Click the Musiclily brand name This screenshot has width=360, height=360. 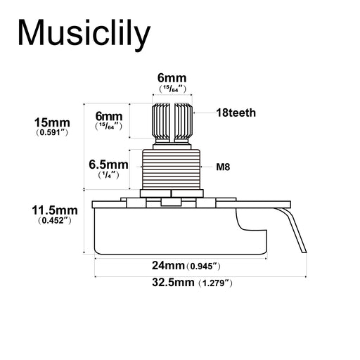pyautogui.click(x=84, y=33)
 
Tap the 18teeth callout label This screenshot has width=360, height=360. pyautogui.click(x=236, y=112)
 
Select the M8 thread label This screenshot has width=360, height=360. pyautogui.click(x=223, y=167)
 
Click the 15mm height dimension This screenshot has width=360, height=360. pyautogui.click(x=52, y=122)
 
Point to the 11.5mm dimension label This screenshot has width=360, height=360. pyautogui.click(x=55, y=210)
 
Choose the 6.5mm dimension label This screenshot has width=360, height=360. pyautogui.click(x=108, y=165)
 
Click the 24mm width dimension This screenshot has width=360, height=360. pyautogui.click(x=168, y=266)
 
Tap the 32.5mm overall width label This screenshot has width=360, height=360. pyautogui.click(x=173, y=283)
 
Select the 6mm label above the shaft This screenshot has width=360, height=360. pyautogui.click(x=172, y=78)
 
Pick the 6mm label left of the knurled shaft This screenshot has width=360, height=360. pyautogui.click(x=109, y=116)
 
